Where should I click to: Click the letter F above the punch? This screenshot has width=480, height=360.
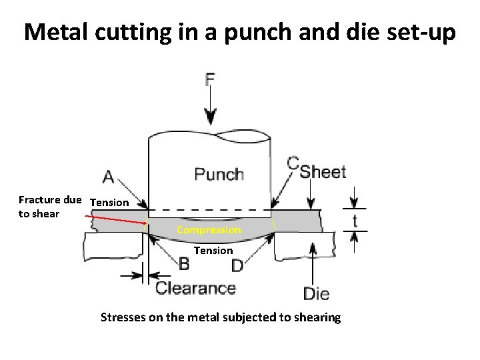[x=210, y=80]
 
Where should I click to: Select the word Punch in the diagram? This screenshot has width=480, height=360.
[x=219, y=175]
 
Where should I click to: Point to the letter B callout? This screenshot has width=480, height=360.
[x=184, y=264]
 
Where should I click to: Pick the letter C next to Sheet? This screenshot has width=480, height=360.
[x=293, y=163]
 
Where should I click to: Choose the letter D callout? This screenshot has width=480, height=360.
[x=237, y=265]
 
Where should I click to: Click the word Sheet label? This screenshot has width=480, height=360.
[x=323, y=172]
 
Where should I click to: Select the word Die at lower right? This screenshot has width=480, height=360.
[x=316, y=293]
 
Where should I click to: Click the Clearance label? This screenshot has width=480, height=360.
[x=195, y=289]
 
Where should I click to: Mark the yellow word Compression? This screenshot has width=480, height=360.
[x=209, y=230]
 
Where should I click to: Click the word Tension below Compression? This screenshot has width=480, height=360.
[x=213, y=251]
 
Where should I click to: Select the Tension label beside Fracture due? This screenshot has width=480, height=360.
[x=109, y=202]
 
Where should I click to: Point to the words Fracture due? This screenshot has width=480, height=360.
[x=50, y=199]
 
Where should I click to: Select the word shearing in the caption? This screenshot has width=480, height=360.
[x=315, y=317]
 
